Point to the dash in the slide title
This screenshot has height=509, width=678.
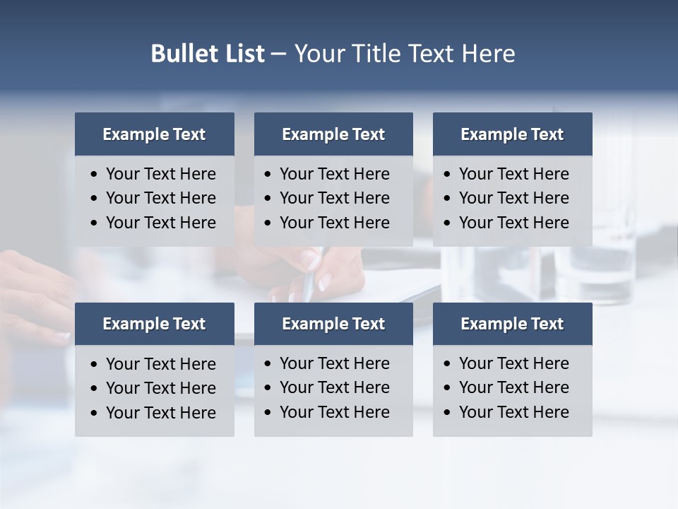click(278, 54)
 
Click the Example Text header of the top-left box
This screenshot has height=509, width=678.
click(154, 134)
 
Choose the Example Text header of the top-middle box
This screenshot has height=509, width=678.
click(333, 134)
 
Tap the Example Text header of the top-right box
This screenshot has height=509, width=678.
click(512, 134)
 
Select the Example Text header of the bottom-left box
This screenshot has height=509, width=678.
click(154, 324)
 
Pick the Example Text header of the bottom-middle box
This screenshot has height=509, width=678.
click(333, 324)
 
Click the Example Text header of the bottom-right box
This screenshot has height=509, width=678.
click(512, 324)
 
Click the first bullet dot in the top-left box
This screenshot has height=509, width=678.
click(95, 175)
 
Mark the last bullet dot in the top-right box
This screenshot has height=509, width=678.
click(447, 223)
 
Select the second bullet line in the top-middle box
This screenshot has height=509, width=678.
click(334, 198)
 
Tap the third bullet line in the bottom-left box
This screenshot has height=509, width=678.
click(160, 413)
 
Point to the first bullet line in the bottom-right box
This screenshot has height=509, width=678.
click(513, 363)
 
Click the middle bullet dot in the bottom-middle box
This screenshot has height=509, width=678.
click(268, 388)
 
